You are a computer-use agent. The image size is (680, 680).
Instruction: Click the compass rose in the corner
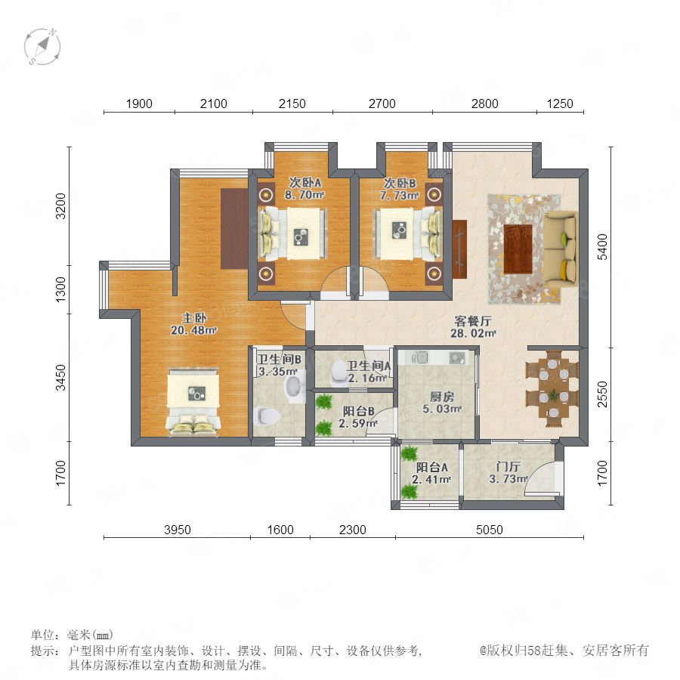(x=42, y=46)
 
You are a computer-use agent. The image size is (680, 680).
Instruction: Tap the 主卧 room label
(x=194, y=318)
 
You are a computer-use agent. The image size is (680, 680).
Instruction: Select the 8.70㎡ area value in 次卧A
(x=304, y=195)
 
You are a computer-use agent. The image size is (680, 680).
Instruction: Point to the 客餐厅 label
(x=473, y=321)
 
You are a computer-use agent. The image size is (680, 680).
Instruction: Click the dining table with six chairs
(x=552, y=388)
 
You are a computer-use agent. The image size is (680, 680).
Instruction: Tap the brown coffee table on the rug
(x=518, y=249)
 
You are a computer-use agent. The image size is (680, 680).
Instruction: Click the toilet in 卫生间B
(x=267, y=416)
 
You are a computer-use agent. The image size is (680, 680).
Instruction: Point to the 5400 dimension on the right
(x=602, y=247)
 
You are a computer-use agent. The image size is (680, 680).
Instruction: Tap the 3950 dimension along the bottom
(x=178, y=530)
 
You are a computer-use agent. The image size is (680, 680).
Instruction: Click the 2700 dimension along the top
(x=382, y=104)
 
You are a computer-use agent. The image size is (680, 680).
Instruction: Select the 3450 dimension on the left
(x=60, y=377)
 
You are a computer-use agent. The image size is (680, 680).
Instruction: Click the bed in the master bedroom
(x=193, y=401)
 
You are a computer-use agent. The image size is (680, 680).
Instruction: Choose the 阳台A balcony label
(x=431, y=468)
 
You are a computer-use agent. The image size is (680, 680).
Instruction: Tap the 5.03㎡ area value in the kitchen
(x=442, y=409)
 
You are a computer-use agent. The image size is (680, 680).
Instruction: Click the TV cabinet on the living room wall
(x=459, y=249)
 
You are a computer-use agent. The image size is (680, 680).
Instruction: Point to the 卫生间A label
(x=369, y=366)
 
